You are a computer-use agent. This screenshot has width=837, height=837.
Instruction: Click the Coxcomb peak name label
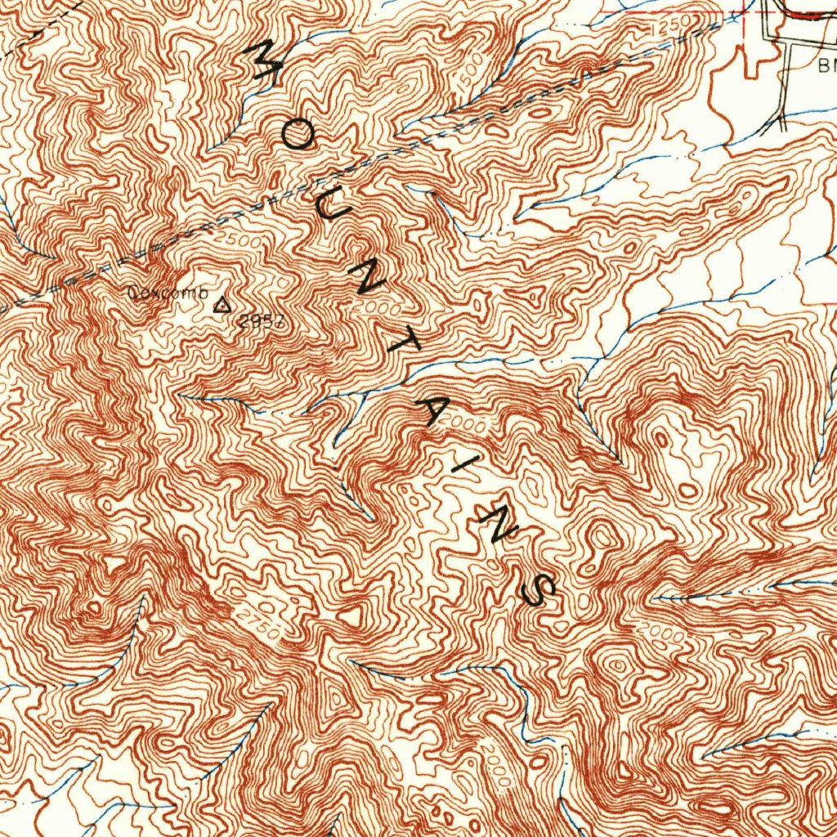[168, 293]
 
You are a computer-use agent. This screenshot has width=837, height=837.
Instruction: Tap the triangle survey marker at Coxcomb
[221, 306]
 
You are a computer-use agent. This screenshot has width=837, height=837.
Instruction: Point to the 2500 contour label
[240, 243]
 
